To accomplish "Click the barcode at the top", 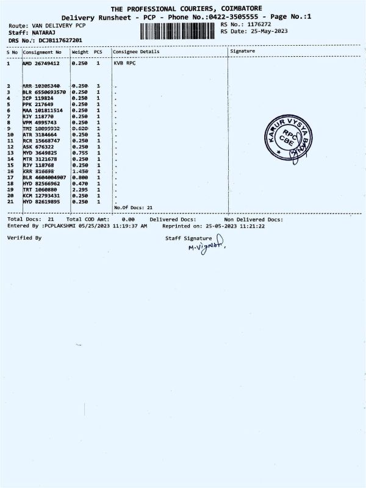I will [x=178, y=32].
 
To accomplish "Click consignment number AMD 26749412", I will [x=41, y=63].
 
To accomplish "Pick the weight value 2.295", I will [x=81, y=190].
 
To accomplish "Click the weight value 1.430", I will [x=81, y=172].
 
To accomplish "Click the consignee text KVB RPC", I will [x=124, y=63].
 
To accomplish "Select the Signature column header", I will [x=243, y=51].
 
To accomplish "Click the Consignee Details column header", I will [x=136, y=52].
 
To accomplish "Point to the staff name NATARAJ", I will [x=46, y=33].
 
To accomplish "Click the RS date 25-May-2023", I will [x=265, y=30].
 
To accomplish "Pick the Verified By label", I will [x=24, y=237].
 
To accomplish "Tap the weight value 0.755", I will [x=81, y=153].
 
